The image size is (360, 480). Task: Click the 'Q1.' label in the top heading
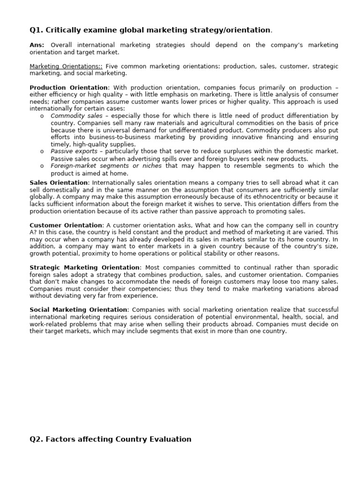pyautogui.click(x=37, y=30)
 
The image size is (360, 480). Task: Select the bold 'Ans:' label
pyautogui.click(x=37, y=45)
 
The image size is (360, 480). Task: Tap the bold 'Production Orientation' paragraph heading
pyautogui.click(x=68, y=88)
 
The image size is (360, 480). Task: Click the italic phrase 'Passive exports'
pyautogui.click(x=74, y=151)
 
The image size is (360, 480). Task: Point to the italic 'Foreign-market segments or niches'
pyautogui.click(x=106, y=166)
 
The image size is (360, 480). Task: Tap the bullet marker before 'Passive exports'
pyautogui.click(x=42, y=152)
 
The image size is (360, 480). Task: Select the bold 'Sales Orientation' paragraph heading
pyautogui.click(x=59, y=182)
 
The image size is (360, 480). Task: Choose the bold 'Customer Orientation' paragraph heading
pyautogui.click(x=66, y=225)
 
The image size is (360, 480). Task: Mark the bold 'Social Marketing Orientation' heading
pyautogui.click(x=78, y=310)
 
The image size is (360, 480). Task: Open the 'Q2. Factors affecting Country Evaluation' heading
pyautogui.click(x=110, y=439)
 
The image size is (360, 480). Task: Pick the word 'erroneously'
pyautogui.click(x=157, y=197)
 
